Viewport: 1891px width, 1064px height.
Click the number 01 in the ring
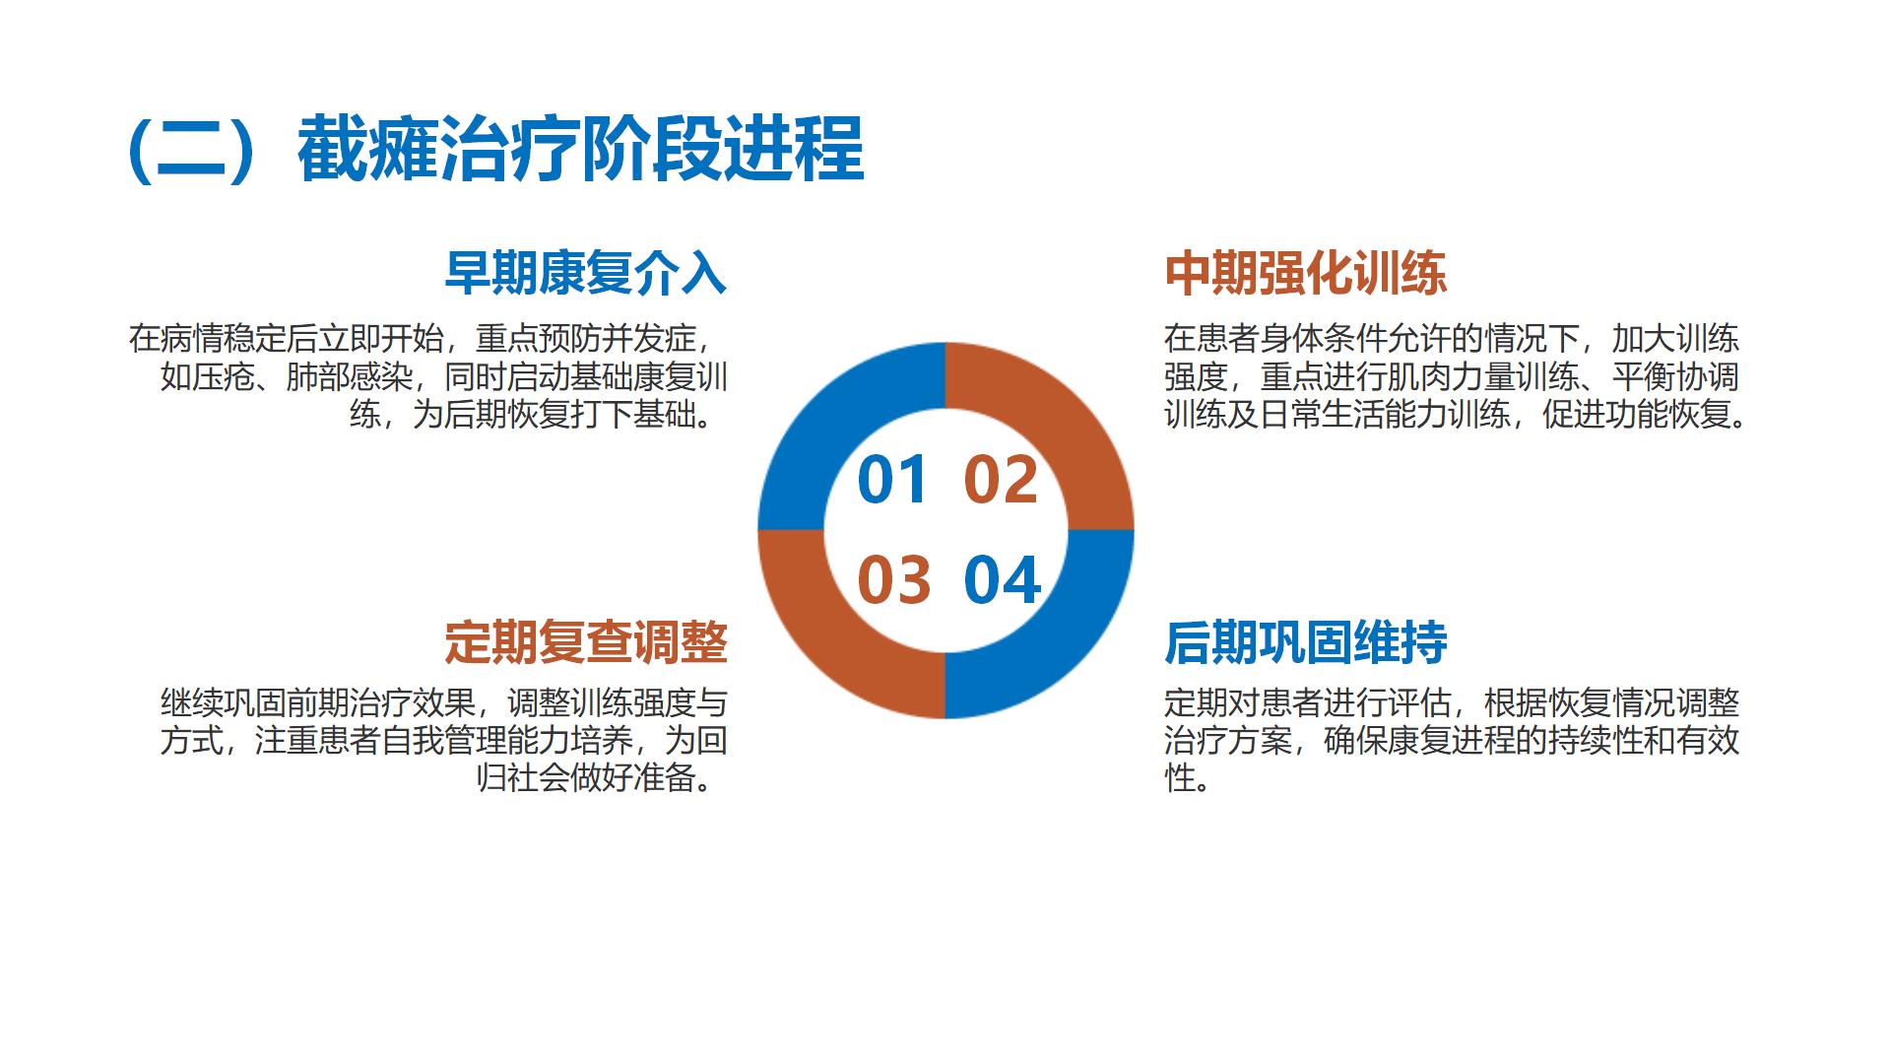tap(893, 480)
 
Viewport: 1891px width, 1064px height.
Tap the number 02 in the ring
tap(1001, 480)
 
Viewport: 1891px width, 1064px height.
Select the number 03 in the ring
tap(894, 580)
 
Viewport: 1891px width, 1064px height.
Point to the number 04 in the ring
tap(1003, 580)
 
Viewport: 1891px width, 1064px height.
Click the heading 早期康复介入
tap(586, 273)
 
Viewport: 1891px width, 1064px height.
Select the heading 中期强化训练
tap(1306, 273)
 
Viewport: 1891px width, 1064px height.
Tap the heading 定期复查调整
tap(586, 642)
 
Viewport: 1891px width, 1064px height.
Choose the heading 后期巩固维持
tap(1306, 642)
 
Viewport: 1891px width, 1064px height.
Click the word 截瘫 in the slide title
tap(368, 150)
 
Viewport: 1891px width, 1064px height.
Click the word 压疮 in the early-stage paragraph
tap(224, 377)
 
